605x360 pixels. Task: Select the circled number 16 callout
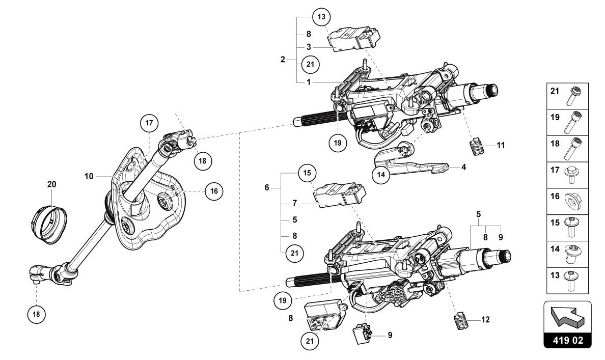point(213,191)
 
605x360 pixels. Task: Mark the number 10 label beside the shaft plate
point(89,177)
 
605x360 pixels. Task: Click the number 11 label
point(501,145)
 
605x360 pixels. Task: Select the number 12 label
point(486,320)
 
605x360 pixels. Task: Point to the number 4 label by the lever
point(463,167)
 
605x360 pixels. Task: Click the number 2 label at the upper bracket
point(283,59)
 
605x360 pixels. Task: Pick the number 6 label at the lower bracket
point(267,188)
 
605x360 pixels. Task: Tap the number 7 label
point(294,204)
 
